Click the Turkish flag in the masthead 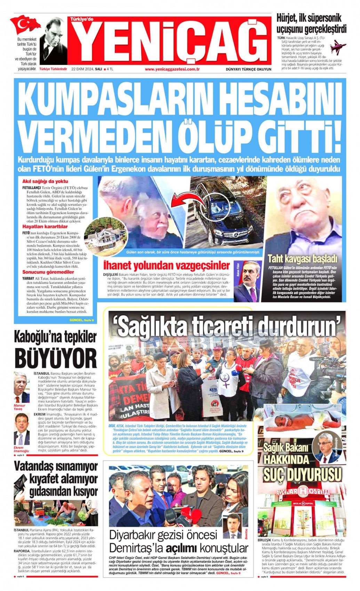[25, 24]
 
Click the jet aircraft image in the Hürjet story [338, 47]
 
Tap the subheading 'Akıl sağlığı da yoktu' [45, 181]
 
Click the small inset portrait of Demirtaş [232, 526]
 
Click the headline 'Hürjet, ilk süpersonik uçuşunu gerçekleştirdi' [311, 23]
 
